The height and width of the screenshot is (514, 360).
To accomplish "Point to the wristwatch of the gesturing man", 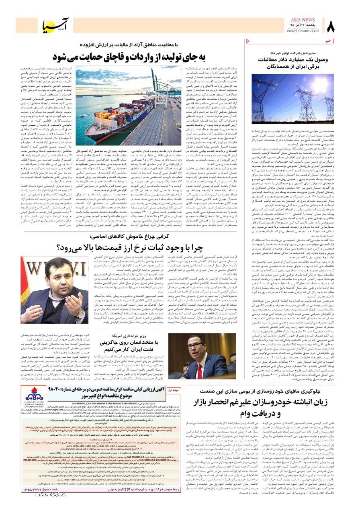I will click(x=79, y=314).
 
